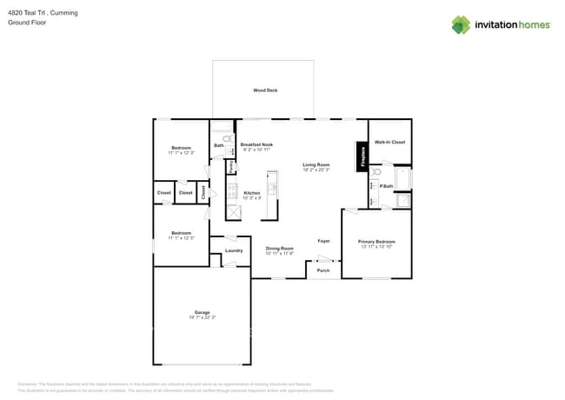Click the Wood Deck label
265,90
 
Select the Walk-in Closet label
389,142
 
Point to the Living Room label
316,164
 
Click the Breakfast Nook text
256,144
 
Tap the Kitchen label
251,193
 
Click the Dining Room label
279,249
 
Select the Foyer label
322,240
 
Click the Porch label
322,270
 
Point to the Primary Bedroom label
377,242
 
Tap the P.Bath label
387,186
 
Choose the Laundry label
234,250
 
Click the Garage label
202,312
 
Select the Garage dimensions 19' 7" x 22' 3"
202,317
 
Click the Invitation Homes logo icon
461,25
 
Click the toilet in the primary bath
377,173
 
